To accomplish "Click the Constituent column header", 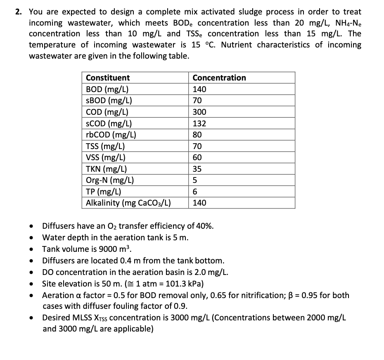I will [x=107, y=78].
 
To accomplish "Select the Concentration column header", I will [x=219, y=78].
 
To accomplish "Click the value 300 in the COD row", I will [x=199, y=112].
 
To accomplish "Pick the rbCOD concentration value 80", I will [x=197, y=135].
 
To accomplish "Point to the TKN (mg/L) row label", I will [x=106, y=168].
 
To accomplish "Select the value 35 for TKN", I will [x=197, y=168].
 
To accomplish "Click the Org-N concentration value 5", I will [x=195, y=180].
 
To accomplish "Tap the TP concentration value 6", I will [x=195, y=191].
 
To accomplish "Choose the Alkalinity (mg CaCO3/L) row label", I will [x=128, y=203].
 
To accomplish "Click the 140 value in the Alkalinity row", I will [x=199, y=203].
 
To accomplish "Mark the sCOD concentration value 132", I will [x=199, y=123].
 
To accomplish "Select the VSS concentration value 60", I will [x=197, y=157].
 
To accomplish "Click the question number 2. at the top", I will [x=19, y=12].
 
